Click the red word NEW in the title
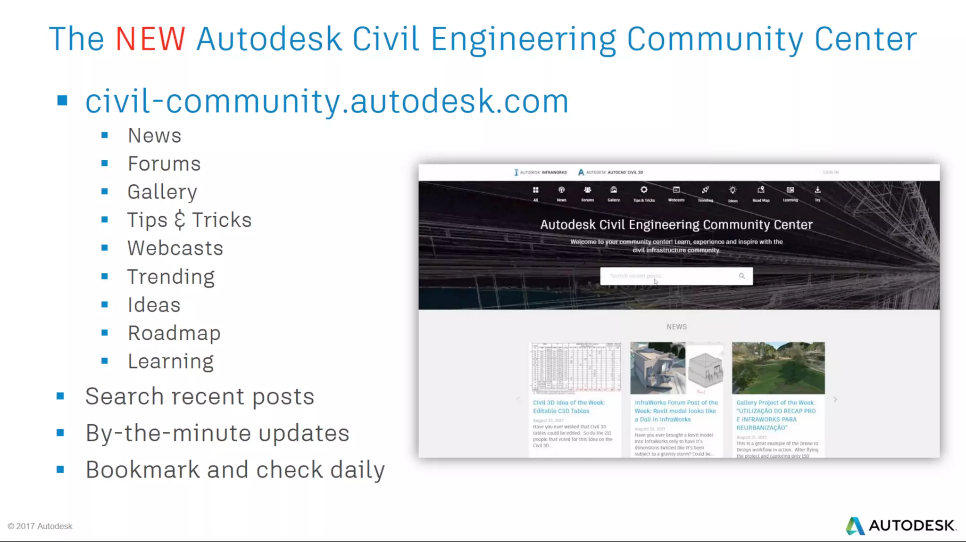tap(150, 39)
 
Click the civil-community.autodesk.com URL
tap(326, 101)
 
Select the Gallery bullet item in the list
tap(162, 192)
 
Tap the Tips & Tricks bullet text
tap(189, 220)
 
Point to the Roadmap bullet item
tap(174, 333)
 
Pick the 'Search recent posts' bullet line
tap(200, 396)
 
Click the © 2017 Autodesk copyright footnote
tap(40, 526)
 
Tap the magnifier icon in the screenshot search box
tap(742, 276)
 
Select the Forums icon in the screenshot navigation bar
tap(587, 190)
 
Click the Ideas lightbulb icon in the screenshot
tap(733, 190)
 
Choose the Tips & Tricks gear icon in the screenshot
tap(644, 190)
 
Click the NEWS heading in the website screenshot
tap(676, 327)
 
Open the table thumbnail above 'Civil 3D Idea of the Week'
tap(576, 368)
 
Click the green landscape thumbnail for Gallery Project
tap(778, 368)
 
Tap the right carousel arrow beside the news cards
tap(835, 400)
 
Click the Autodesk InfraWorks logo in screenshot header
tap(541, 172)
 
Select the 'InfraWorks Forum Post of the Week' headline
tap(676, 411)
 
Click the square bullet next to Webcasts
tap(105, 248)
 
